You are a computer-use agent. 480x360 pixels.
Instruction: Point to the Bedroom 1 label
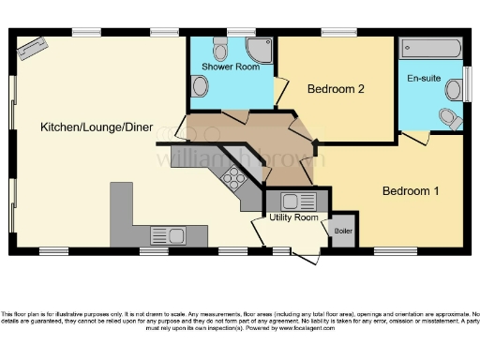tap(410, 191)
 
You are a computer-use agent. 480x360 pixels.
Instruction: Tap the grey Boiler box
tap(344, 232)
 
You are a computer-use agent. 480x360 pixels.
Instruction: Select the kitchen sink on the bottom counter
tap(170, 235)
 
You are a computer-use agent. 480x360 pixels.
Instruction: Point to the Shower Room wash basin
tap(199, 86)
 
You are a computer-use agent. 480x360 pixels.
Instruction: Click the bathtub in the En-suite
tap(430, 49)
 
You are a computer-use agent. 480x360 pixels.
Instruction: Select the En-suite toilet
tap(452, 118)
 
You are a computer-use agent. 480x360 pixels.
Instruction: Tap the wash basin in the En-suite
tap(454, 89)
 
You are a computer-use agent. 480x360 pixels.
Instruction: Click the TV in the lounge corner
tap(30, 48)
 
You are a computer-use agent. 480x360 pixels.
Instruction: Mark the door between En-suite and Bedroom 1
tap(416, 138)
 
